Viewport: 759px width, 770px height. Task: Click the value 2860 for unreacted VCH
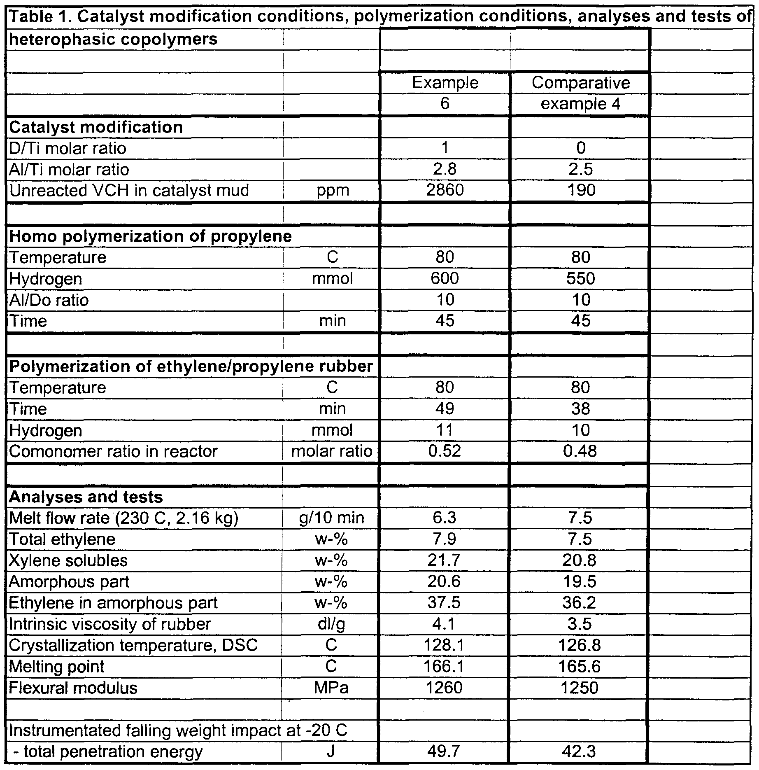coord(445,190)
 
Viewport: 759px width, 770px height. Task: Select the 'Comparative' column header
coord(580,83)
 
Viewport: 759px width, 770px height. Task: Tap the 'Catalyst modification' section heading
coord(96,127)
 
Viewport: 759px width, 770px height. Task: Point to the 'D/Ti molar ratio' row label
coord(68,148)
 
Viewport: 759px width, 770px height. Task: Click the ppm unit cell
coord(333,190)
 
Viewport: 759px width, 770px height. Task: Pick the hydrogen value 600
coord(445,279)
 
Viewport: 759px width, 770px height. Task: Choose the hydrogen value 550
coord(580,279)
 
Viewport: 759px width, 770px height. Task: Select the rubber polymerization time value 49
coord(445,409)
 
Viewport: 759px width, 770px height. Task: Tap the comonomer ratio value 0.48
coord(580,451)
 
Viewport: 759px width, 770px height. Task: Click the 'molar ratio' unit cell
coord(332,451)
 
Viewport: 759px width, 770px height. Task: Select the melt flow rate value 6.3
coord(445,518)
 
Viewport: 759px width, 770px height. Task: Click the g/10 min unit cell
coord(332,518)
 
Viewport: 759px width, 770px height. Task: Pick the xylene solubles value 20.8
coord(580,560)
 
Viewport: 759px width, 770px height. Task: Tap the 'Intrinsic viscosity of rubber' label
coord(109,624)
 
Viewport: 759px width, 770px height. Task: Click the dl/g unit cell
coord(332,624)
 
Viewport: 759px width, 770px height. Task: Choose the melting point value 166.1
coord(445,667)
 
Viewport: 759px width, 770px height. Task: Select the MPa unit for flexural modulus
coord(332,688)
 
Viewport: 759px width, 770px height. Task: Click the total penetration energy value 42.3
coord(580,752)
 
